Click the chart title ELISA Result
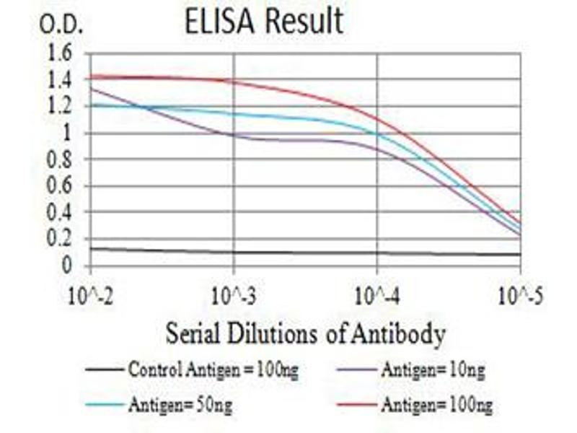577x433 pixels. tap(264, 22)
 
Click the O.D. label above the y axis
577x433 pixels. tap(61, 26)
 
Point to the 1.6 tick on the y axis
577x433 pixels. tap(61, 53)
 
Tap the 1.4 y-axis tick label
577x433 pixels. tap(61, 80)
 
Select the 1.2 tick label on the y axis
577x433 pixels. tap(61, 107)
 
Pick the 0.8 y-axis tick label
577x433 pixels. tap(61, 159)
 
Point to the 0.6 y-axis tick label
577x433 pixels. tap(61, 186)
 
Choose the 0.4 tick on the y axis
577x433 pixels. tap(61, 213)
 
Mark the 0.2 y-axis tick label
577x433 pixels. tap(61, 239)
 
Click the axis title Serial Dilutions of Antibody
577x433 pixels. tap(305, 334)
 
